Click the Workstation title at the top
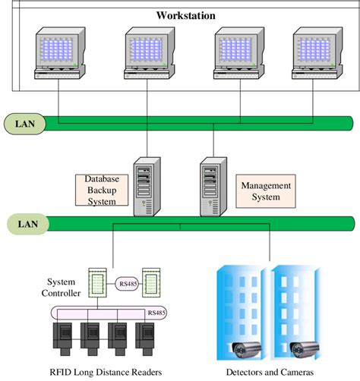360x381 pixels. click(x=186, y=15)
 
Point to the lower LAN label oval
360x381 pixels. click(x=24, y=222)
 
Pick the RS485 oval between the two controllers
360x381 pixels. click(x=128, y=283)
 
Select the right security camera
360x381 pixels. click(x=305, y=350)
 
